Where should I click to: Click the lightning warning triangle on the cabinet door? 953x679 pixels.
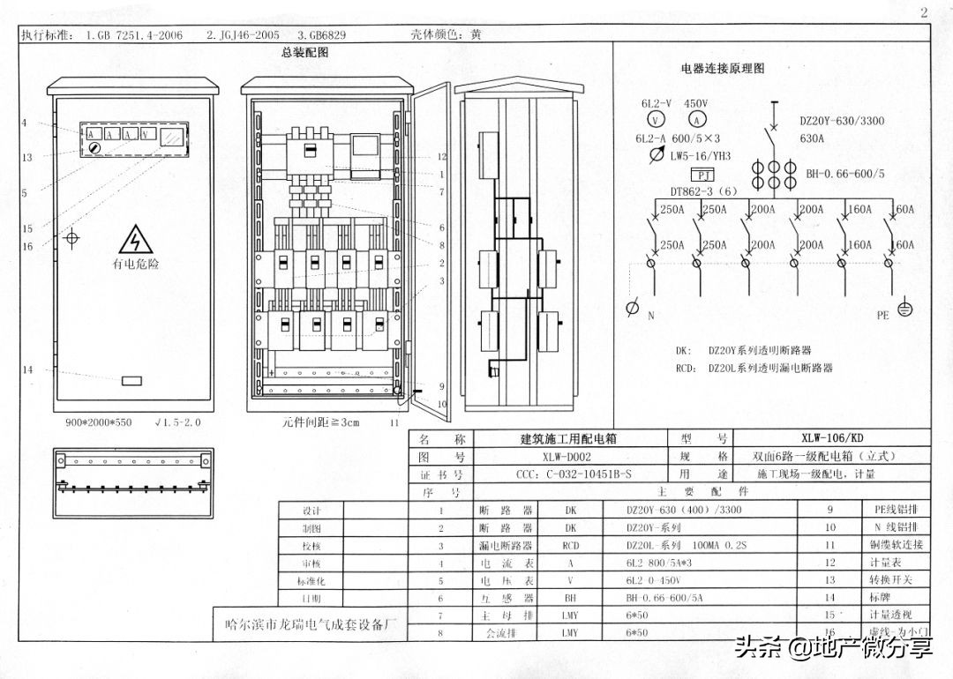click(135, 241)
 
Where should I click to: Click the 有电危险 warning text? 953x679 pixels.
click(135, 263)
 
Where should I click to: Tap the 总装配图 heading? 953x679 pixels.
click(304, 53)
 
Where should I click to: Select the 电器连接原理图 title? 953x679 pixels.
click(722, 68)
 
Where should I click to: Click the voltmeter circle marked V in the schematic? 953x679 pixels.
click(657, 120)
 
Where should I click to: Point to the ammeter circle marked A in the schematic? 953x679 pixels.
click(697, 120)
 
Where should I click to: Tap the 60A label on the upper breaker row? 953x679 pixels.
click(904, 210)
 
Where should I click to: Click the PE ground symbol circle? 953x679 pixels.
click(904, 309)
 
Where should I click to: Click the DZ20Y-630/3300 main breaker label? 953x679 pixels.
click(841, 121)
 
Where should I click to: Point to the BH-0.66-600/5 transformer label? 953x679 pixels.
click(844, 174)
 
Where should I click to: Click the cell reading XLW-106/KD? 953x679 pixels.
click(832, 437)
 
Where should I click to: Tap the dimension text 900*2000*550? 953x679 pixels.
click(98, 422)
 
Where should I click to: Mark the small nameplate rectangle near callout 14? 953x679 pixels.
click(131, 381)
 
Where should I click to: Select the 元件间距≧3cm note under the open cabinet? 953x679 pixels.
click(320, 422)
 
